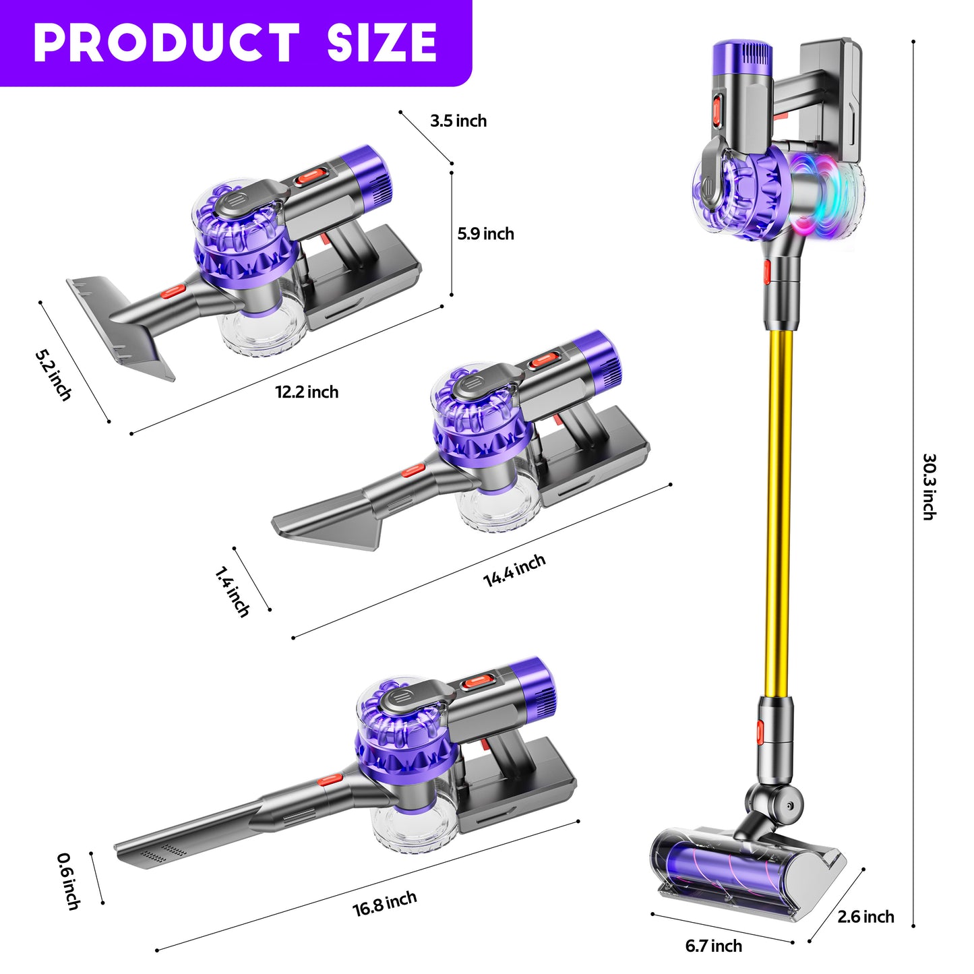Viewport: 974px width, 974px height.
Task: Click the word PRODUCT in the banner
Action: pyautogui.click(x=166, y=42)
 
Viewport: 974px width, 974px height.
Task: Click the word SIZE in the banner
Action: pyautogui.click(x=382, y=42)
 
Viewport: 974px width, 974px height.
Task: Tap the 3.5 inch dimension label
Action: pyautogui.click(x=458, y=121)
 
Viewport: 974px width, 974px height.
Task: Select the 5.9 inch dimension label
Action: pyautogui.click(x=486, y=234)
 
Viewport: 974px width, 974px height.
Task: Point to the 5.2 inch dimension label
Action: pyautogui.click(x=53, y=375)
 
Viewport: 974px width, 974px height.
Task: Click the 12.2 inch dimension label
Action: pyautogui.click(x=307, y=392)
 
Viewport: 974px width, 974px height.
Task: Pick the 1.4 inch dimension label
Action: pyautogui.click(x=232, y=592)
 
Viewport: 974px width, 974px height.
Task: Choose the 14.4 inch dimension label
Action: pyautogui.click(x=514, y=570)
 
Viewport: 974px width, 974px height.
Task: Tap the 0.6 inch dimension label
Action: pyautogui.click(x=69, y=882)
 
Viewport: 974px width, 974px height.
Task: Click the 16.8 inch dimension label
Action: pyautogui.click(x=385, y=903)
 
